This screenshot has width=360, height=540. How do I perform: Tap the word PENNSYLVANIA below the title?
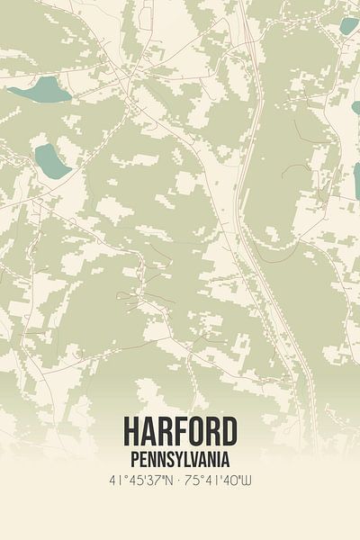180,456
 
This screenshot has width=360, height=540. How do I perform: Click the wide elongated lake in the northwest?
40,89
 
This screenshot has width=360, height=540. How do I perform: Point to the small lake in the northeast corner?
348,25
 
